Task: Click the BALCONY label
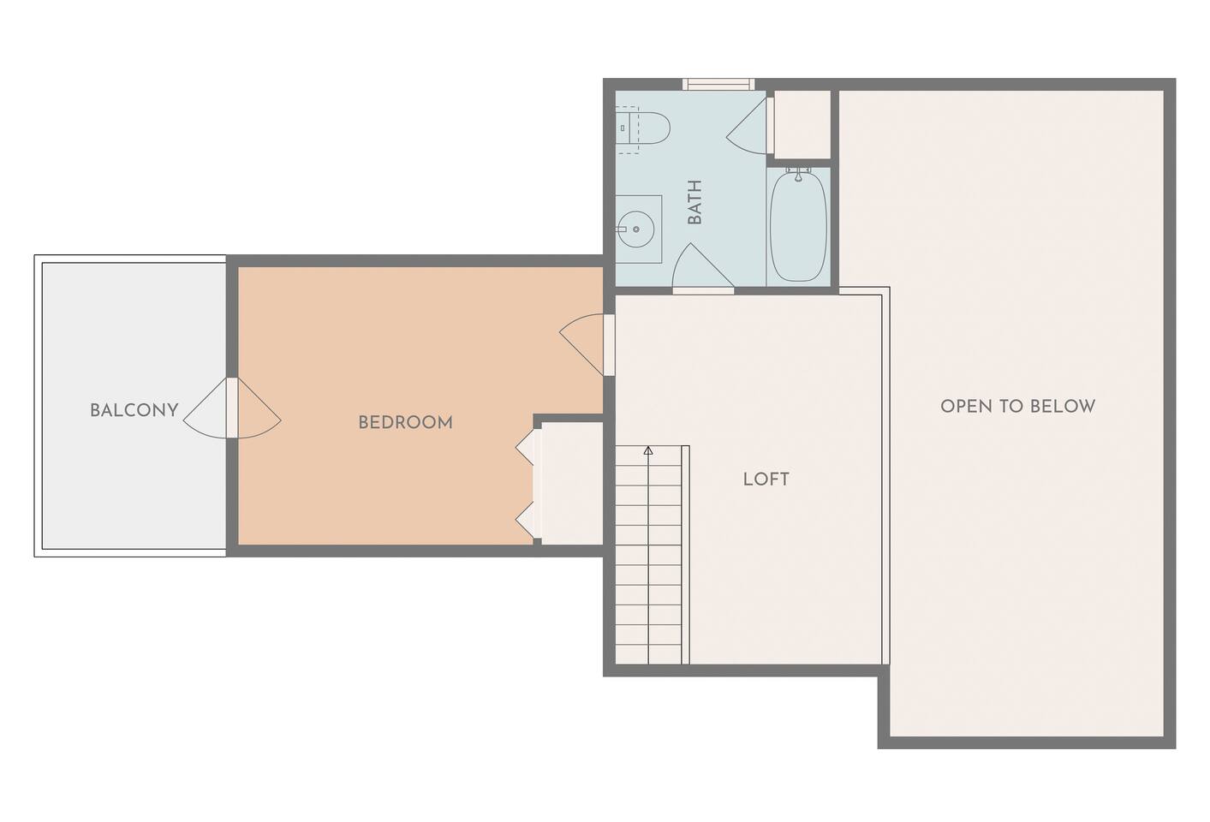[x=134, y=410]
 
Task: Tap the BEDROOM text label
[x=406, y=422]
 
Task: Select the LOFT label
[x=766, y=479]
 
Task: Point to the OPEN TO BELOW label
[x=1017, y=406]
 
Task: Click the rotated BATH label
[x=694, y=202]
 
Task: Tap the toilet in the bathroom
[x=643, y=128]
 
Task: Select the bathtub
[x=798, y=226]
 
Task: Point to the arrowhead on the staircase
[x=648, y=450]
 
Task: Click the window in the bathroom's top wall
[x=718, y=84]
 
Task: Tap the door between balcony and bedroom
[x=232, y=408]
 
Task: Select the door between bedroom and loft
[x=586, y=344]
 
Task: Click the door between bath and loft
[x=703, y=268]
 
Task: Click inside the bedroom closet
[x=571, y=484]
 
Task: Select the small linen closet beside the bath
[x=802, y=124]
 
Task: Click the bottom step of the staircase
[x=648, y=654]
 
